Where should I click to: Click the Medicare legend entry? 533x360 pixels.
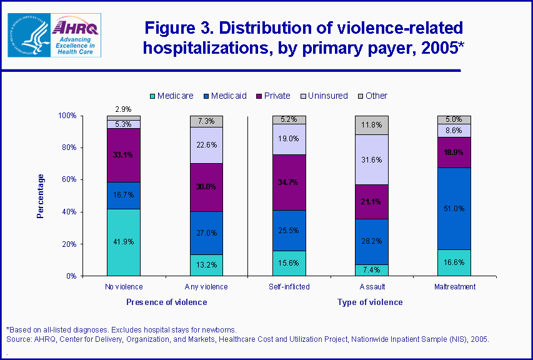point(171,96)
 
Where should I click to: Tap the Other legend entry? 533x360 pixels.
point(372,96)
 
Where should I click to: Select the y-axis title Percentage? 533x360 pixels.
point(41,196)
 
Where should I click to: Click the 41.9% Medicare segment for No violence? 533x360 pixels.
point(123,242)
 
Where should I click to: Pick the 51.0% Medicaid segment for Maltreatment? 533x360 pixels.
point(454,208)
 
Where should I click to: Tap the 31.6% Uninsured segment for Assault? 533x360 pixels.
point(372,159)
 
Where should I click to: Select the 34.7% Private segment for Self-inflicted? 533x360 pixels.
point(289,182)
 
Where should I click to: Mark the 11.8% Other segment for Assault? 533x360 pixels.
point(372,125)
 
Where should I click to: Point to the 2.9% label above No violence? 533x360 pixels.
point(123,109)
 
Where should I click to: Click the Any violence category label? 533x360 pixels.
point(206,287)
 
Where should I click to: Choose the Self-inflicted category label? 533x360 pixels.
point(289,287)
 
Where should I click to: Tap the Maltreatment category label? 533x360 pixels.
point(454,287)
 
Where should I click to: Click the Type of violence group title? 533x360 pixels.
point(370,302)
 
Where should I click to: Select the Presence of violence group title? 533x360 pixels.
point(166,302)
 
